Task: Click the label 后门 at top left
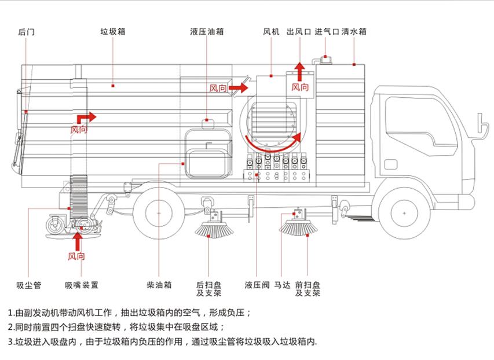[x=26, y=32]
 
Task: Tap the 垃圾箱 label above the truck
[x=112, y=32]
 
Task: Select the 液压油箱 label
[x=207, y=32]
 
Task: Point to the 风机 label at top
[x=271, y=32]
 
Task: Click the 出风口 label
[x=299, y=32]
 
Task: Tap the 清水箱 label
[x=354, y=32]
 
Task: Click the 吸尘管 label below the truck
[x=28, y=285]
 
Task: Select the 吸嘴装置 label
[x=81, y=285]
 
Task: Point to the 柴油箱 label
[x=159, y=285]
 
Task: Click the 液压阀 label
[x=257, y=285]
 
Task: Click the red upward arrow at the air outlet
[x=299, y=71]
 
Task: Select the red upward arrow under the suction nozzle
[x=78, y=241]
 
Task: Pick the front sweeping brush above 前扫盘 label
[x=298, y=226]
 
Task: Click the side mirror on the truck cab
[x=480, y=124]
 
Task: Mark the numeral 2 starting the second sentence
[x=11, y=327]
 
